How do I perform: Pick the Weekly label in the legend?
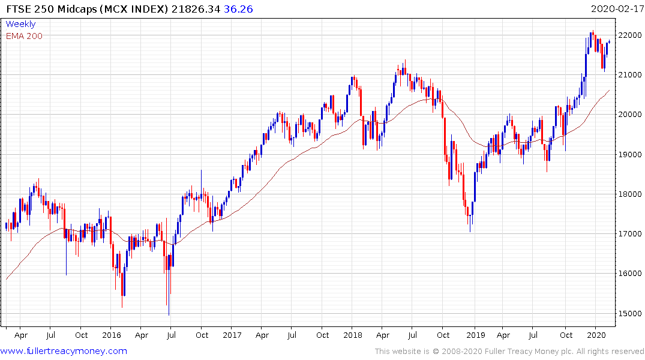tap(20, 24)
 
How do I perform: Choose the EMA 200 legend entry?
tap(24, 36)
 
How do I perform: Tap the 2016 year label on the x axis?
tap(112, 335)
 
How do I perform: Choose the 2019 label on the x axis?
tap(476, 335)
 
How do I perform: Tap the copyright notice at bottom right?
tap(509, 352)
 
